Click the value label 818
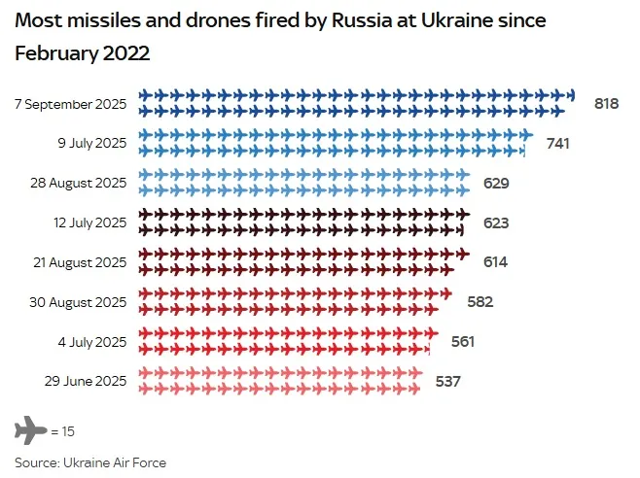click(606, 103)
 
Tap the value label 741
click(557, 143)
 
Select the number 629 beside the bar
click(496, 183)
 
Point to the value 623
click(496, 222)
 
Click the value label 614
click(495, 261)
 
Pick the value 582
click(480, 301)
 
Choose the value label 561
click(463, 341)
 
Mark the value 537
click(447, 381)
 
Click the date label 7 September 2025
click(71, 103)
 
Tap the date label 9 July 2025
click(93, 143)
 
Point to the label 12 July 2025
click(89, 222)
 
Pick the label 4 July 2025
click(93, 341)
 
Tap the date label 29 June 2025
click(87, 381)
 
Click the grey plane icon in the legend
click(30, 428)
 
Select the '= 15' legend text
click(63, 429)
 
